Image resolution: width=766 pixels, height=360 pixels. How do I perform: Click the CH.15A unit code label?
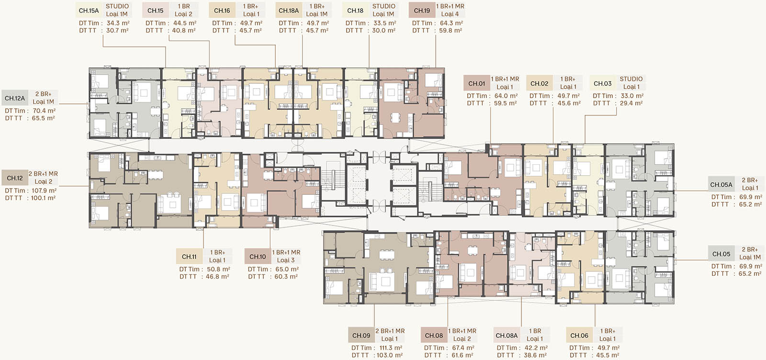pyautogui.click(x=89, y=10)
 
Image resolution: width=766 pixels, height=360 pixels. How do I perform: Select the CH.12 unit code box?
pyautogui.click(x=15, y=178)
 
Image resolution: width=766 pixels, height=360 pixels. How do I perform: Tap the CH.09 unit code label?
pyautogui.click(x=361, y=336)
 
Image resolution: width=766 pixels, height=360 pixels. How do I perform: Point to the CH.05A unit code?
pyautogui.click(x=721, y=185)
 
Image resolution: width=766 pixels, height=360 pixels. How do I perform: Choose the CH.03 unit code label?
pyautogui.click(x=603, y=83)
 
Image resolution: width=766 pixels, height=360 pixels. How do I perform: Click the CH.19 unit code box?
pyautogui.click(x=422, y=10)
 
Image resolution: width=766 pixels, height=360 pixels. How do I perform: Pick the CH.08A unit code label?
pyautogui.click(x=507, y=336)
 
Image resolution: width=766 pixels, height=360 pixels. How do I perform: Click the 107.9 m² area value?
pyautogui.click(x=44, y=191)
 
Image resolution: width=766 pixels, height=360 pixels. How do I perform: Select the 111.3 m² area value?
pyautogui.click(x=391, y=348)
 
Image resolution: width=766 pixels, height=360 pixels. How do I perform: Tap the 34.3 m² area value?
pyautogui.click(x=118, y=23)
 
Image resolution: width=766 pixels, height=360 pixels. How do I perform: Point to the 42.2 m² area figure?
pyautogui.click(x=536, y=348)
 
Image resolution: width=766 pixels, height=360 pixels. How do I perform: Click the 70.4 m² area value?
pyautogui.click(x=44, y=111)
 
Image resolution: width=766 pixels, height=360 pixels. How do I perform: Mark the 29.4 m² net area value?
pyautogui.click(x=631, y=103)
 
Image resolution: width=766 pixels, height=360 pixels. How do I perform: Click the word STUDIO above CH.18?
pyautogui.click(x=383, y=6)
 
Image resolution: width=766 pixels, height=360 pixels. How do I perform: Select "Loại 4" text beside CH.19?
pyautogui.click(x=450, y=14)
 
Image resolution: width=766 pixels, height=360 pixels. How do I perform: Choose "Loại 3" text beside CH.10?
pyautogui.click(x=286, y=260)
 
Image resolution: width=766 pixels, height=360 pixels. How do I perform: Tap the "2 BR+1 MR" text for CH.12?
pyautogui.click(x=43, y=174)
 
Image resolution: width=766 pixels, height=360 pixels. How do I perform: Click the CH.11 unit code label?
pyautogui.click(x=189, y=257)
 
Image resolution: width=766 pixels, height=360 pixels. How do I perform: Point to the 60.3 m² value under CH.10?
pyautogui.click(x=286, y=276)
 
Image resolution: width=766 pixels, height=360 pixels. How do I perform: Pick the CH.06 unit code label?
pyautogui.click(x=579, y=336)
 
